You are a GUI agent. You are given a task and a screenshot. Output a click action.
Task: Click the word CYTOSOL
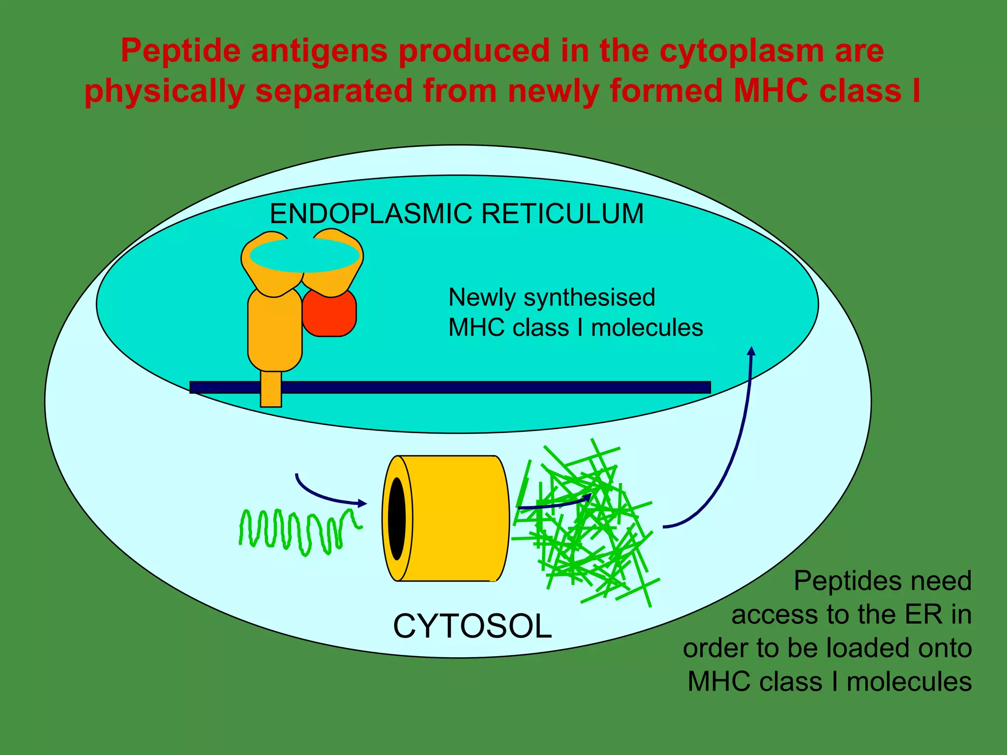coord(472,627)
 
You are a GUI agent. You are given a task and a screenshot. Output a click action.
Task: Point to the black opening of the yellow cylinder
coord(397,518)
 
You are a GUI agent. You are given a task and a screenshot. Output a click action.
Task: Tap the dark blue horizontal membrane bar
coord(492,387)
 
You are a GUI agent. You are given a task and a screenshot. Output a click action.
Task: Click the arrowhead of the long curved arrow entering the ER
coord(751,351)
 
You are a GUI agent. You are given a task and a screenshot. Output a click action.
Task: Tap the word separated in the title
coord(334,91)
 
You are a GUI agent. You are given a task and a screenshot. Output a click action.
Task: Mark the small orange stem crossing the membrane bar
coord(271,389)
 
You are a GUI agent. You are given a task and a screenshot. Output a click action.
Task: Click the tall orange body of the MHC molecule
coord(274,329)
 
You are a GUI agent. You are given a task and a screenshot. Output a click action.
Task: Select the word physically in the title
coord(165,91)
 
